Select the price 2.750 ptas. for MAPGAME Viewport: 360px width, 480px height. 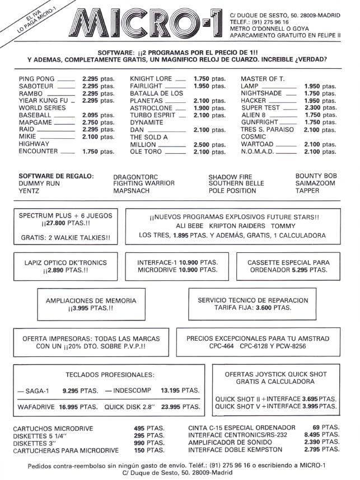click(98, 121)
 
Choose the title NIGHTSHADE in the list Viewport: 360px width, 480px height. click(261, 93)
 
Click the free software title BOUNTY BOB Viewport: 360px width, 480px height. click(316, 176)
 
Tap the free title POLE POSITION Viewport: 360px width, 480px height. click(232, 191)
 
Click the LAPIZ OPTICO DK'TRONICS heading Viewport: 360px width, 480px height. click(65, 262)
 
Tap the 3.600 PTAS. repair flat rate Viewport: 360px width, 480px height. click(273, 308)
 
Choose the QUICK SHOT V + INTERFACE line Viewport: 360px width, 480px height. click(275, 406)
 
